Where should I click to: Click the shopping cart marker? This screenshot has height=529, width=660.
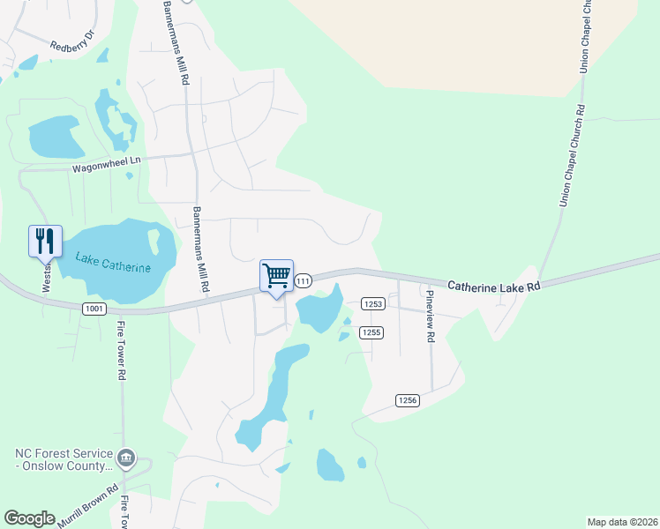(276, 276)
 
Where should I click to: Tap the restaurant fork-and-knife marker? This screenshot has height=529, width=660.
(45, 241)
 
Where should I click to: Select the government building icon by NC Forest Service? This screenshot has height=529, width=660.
(126, 457)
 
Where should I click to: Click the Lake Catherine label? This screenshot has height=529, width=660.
(113, 263)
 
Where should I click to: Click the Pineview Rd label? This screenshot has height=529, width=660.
(430, 316)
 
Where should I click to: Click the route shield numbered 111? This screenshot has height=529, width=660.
(303, 280)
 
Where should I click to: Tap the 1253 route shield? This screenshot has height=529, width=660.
(371, 303)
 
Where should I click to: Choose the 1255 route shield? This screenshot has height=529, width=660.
(371, 332)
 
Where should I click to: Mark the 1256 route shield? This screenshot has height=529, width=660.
(406, 400)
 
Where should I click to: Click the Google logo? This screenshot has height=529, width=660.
(29, 518)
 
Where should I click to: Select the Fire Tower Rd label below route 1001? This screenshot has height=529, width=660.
(121, 350)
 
